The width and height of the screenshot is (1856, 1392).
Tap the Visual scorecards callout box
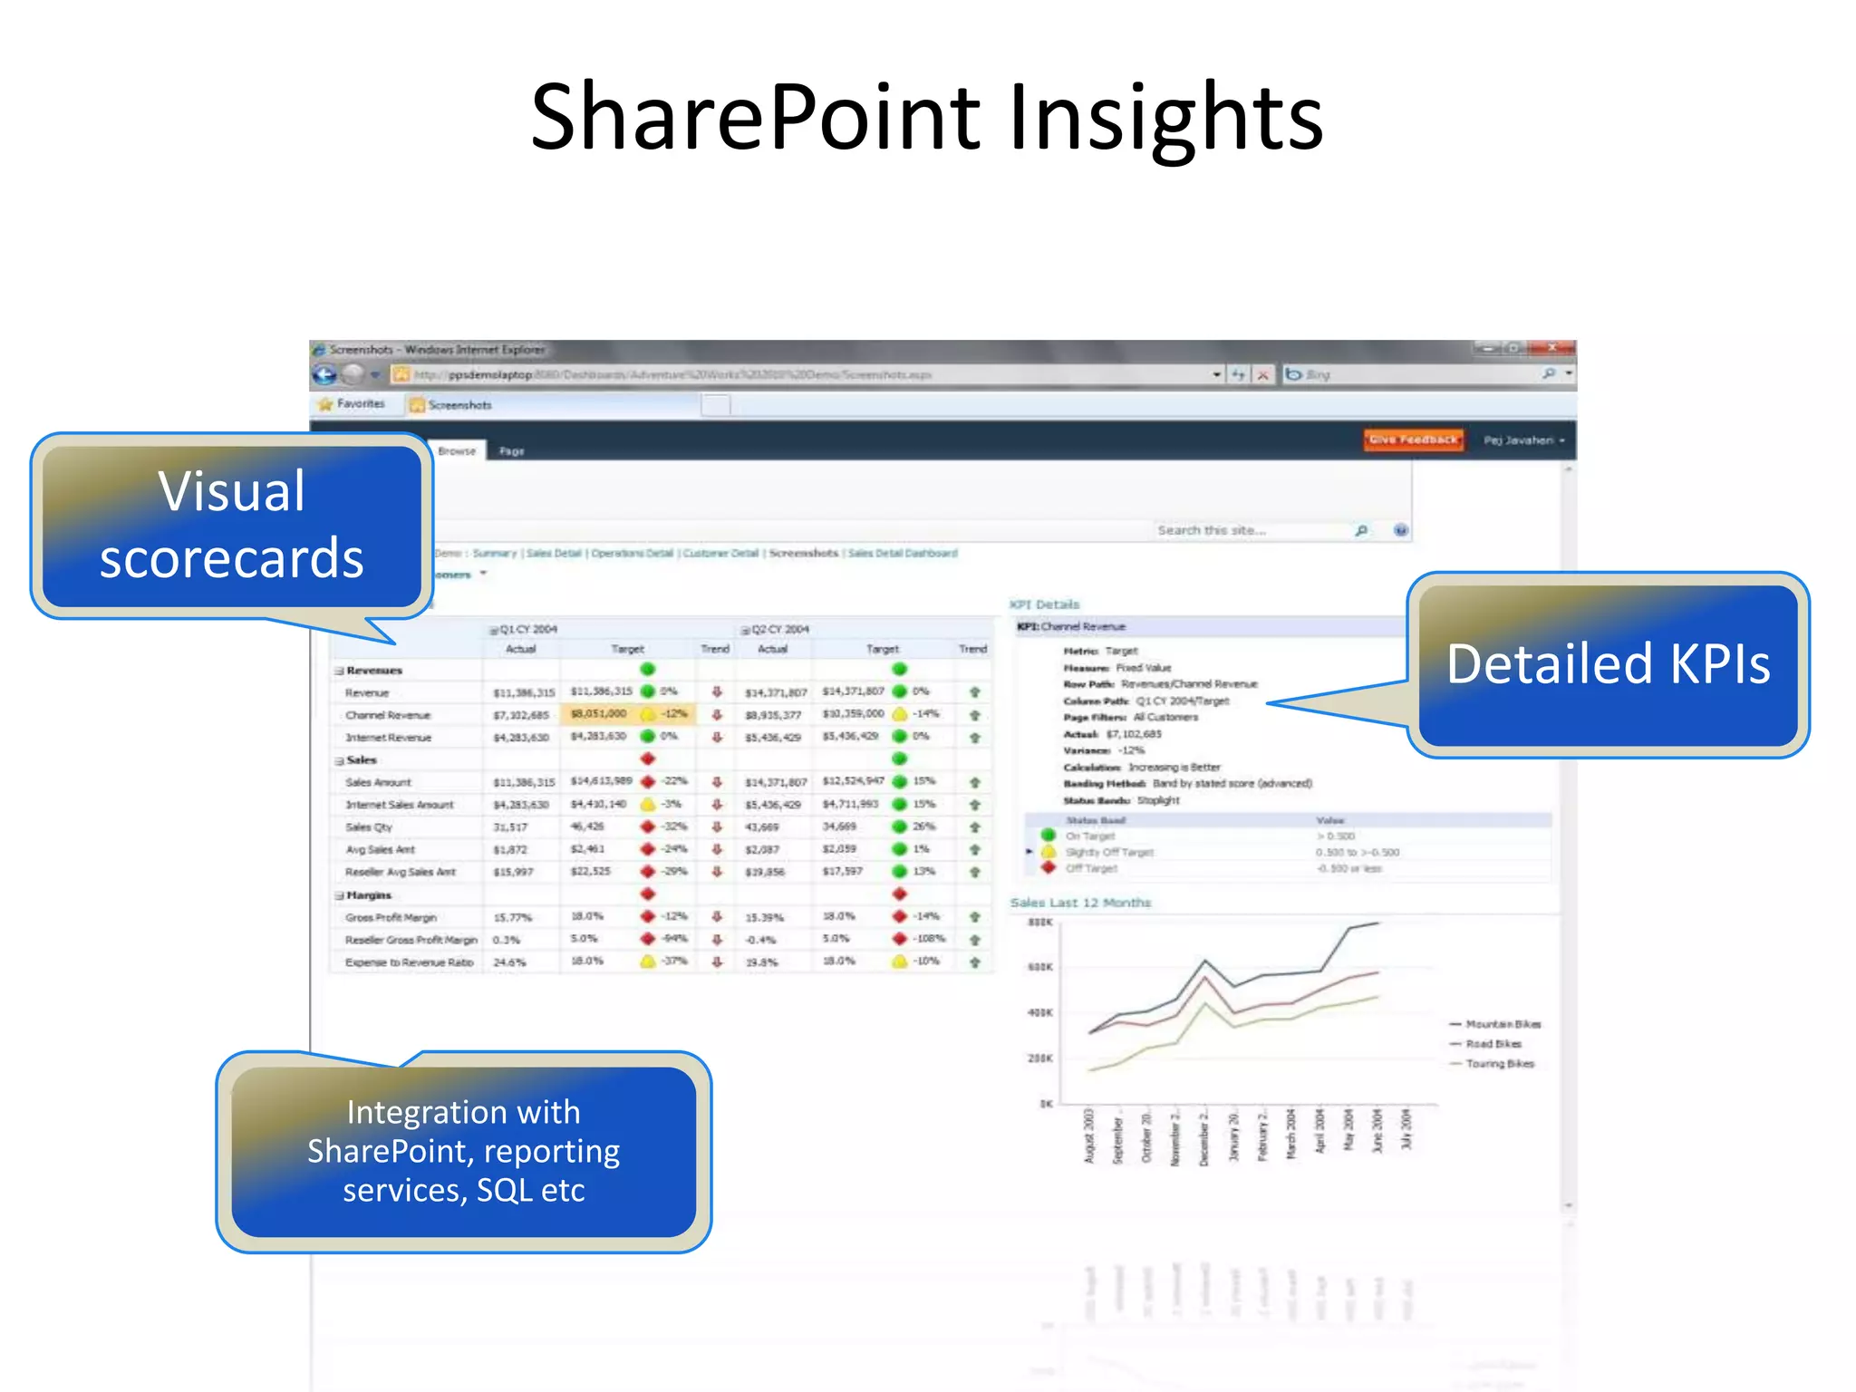[232, 525]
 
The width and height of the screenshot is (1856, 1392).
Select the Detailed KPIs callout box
[1608, 664]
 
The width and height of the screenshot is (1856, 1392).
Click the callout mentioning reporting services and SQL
[463, 1151]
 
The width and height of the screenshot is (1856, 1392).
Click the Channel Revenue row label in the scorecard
[388, 715]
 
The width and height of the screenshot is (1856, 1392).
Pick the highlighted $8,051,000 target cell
[599, 714]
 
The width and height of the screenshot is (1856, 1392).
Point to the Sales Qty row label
[368, 827]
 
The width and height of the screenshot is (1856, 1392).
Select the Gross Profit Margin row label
[391, 917]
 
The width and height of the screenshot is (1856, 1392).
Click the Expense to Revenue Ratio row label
[409, 962]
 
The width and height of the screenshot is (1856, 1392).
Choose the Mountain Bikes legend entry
[1502, 1024]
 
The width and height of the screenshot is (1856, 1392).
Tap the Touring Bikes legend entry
[1499, 1064]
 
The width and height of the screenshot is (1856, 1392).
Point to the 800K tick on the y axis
[1039, 923]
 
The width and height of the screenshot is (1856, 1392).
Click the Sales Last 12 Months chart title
[1080, 903]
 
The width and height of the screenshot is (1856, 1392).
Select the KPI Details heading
[1045, 604]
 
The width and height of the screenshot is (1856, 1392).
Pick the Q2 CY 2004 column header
[779, 629]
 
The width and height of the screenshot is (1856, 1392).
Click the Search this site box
[1251, 530]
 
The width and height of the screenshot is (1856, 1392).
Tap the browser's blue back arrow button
[324, 374]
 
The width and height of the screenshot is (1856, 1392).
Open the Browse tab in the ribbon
[457, 450]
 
